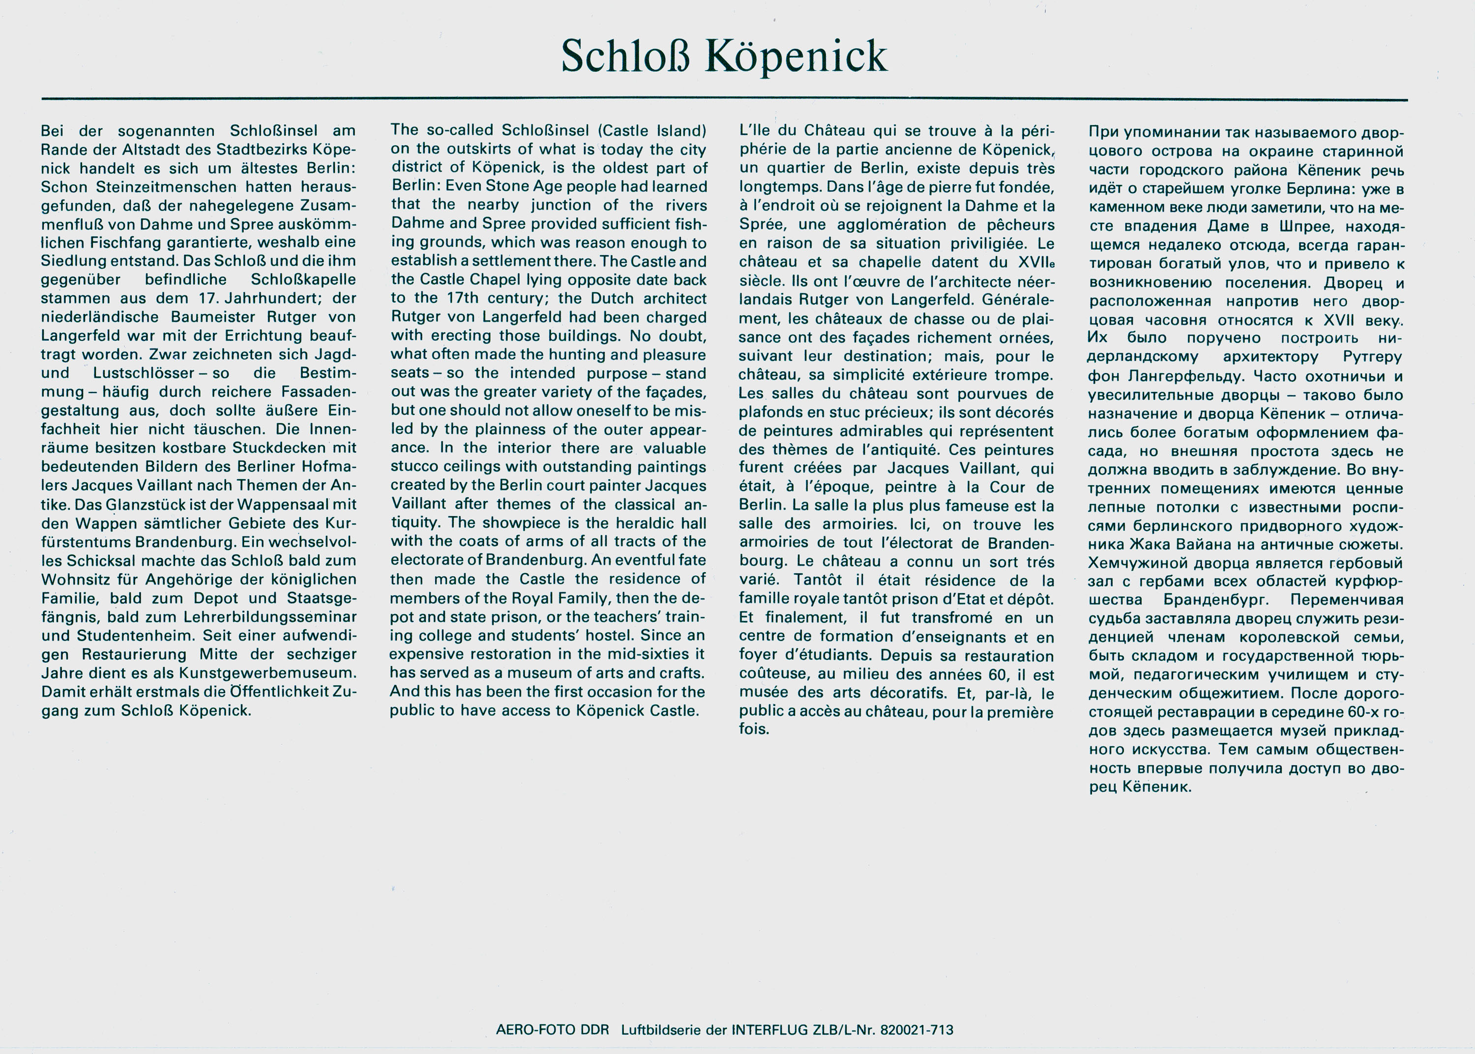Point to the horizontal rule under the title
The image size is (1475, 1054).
724,99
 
